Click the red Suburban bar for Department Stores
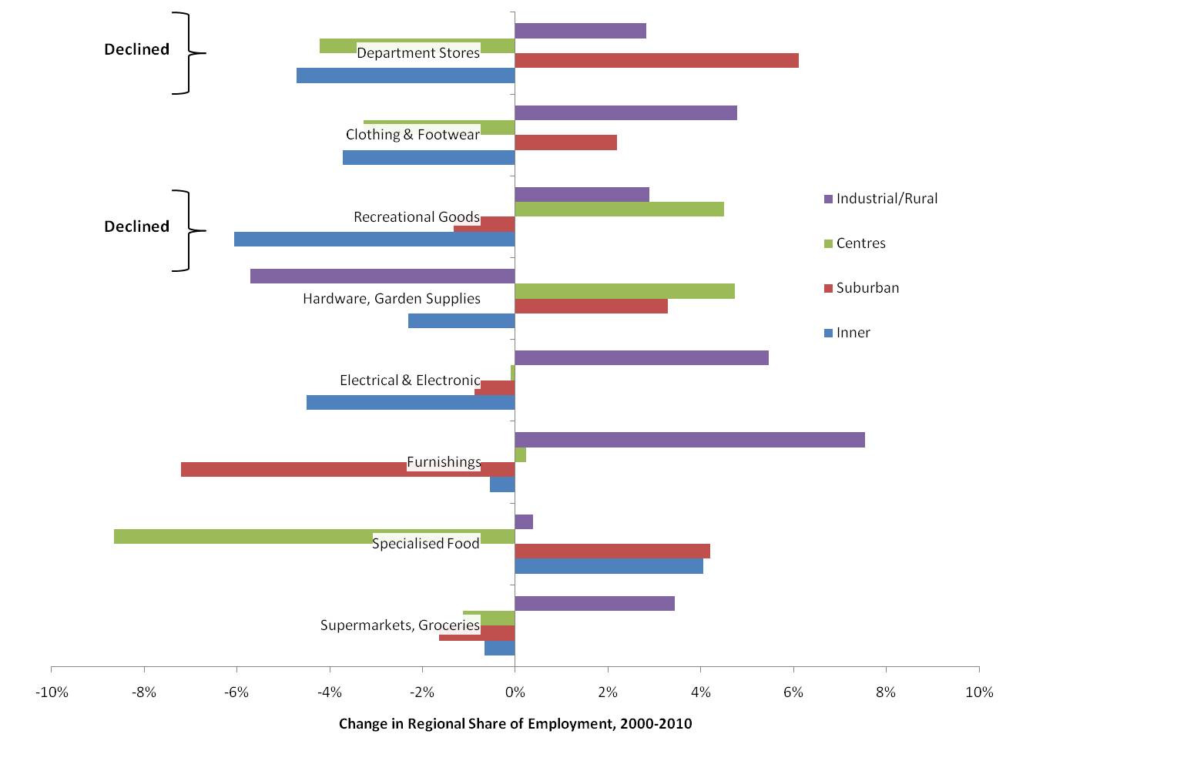click(656, 61)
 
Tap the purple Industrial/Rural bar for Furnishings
click(689, 440)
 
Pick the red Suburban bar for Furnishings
click(293, 470)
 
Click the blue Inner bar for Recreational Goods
click(374, 240)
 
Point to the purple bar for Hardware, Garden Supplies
click(382, 276)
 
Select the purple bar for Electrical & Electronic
click(642, 357)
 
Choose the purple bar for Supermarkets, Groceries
click(595, 603)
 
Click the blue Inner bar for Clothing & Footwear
click(428, 157)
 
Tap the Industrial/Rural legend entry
click(886, 199)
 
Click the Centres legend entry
click(860, 243)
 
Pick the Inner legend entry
click(853, 333)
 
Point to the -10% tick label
click(52, 692)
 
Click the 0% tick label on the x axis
click(515, 692)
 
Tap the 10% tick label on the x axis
click(979, 692)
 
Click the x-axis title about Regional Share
click(515, 724)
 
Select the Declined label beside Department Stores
click(137, 49)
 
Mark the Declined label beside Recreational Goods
click(137, 226)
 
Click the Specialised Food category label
click(426, 544)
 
